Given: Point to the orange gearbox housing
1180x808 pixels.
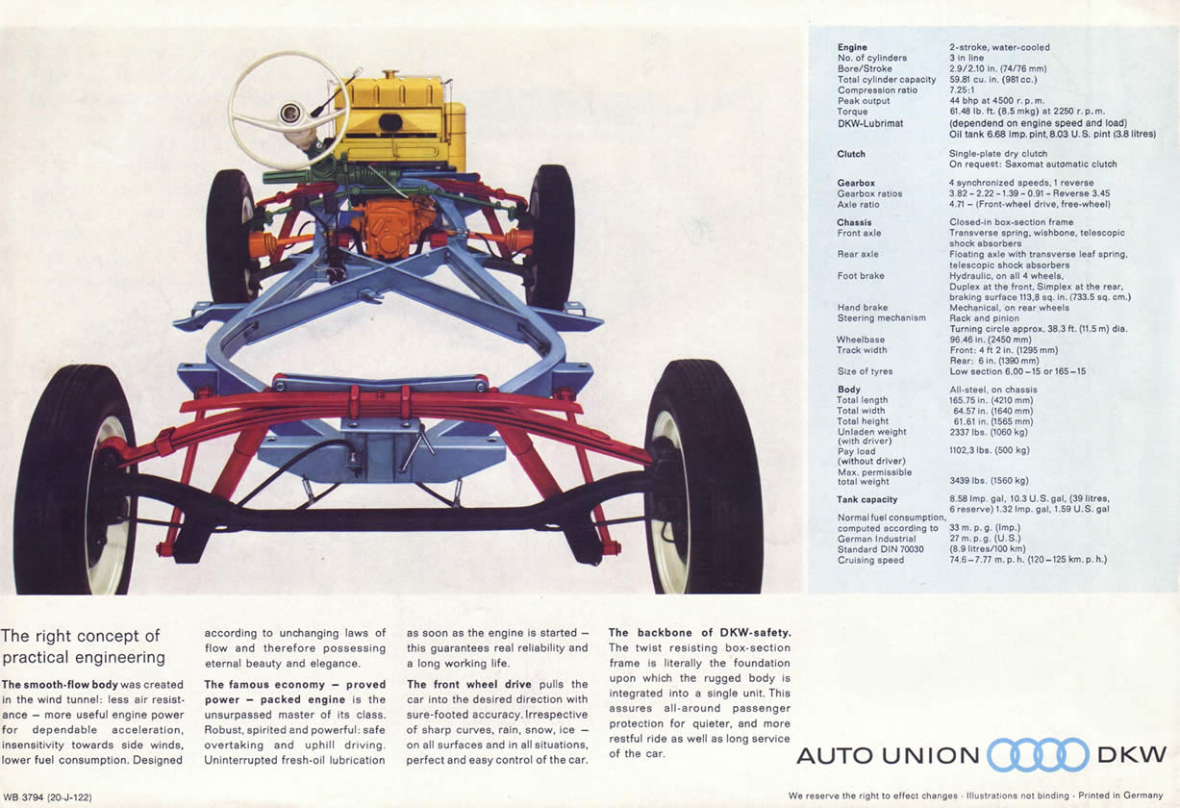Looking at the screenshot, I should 396,227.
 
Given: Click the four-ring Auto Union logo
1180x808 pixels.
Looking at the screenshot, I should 1039,754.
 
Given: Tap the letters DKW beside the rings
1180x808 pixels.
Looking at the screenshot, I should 1132,754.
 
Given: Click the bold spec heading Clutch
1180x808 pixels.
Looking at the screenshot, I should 851,154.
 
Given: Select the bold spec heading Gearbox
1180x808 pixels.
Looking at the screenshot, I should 856,183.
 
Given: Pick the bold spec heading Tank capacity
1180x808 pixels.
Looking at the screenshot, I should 866,499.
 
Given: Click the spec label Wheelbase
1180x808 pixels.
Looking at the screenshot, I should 860,340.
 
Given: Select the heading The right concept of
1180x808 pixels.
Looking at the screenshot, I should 81,636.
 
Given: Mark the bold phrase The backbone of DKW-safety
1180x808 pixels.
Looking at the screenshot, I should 699,632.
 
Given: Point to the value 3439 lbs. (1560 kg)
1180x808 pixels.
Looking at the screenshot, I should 989,480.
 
